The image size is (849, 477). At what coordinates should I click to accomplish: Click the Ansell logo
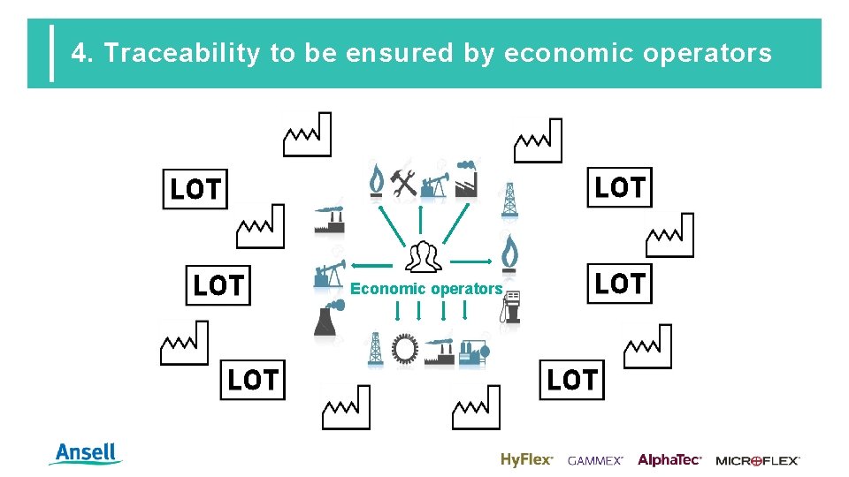[87, 454]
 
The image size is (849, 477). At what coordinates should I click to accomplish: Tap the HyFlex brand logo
[526, 459]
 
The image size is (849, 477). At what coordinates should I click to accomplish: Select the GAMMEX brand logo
[595, 460]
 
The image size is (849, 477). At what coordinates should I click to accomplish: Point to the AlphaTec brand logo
[669, 459]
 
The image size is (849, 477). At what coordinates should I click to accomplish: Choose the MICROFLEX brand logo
[757, 460]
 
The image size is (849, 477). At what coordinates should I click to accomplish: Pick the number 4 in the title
[80, 54]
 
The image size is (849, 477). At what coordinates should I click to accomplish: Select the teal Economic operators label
[426, 289]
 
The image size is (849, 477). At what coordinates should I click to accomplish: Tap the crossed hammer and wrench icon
[404, 181]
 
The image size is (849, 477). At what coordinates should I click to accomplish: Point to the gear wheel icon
[405, 350]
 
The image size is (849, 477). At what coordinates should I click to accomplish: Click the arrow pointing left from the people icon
[372, 263]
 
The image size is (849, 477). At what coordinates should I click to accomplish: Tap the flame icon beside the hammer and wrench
[377, 180]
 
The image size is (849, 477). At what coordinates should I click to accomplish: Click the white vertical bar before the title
[51, 53]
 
